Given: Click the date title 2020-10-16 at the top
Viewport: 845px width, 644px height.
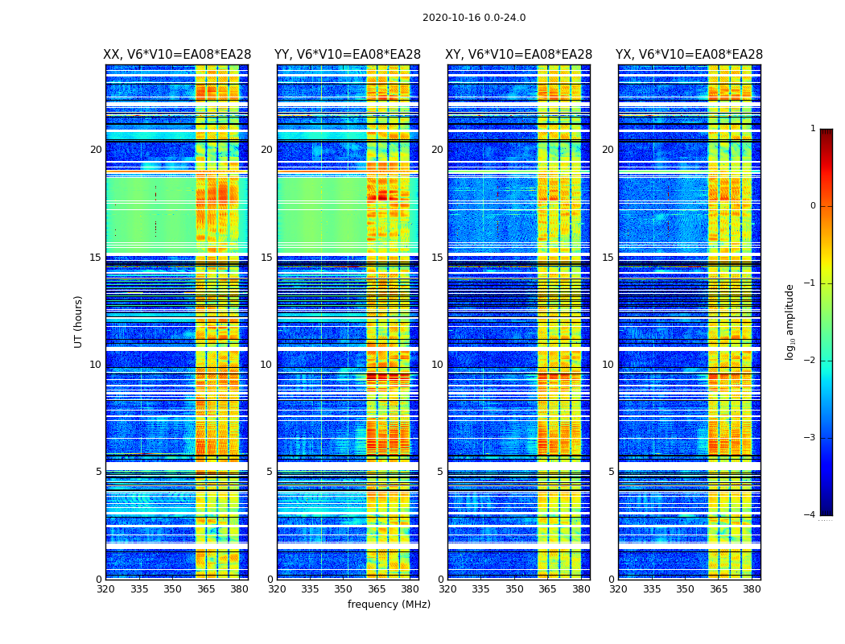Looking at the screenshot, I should pos(474,18).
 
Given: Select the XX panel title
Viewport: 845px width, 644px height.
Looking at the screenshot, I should pos(177,55).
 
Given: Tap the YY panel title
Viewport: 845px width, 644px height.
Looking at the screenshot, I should pos(348,55).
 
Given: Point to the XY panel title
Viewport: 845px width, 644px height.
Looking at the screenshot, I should pos(518,55).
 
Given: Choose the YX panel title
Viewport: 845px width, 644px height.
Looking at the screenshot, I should pos(689,55).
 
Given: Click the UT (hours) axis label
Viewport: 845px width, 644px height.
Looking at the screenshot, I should pos(79,321).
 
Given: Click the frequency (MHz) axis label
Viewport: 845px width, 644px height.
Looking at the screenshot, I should pos(389,605).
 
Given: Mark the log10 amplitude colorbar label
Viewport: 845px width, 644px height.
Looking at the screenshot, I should pos(790,321).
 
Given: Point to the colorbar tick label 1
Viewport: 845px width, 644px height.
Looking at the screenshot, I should pos(813,129).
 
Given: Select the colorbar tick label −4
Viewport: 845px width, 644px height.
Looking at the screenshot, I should pos(811,515).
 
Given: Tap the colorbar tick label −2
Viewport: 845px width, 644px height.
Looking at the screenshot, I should pos(811,361).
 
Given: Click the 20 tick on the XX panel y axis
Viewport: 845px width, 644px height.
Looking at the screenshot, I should pos(96,150).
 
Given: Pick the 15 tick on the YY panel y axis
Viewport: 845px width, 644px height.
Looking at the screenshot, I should pos(266,258).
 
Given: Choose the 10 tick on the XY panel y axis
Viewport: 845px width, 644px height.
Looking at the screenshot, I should pos(437,365).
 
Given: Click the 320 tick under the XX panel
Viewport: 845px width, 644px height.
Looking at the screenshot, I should pos(105,589).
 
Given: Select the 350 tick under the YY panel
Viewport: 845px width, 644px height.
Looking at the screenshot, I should pos(344,589).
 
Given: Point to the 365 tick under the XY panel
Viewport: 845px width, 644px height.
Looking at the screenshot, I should pos(547,589).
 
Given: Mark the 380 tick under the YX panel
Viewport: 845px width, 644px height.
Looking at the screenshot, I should pos(752,589).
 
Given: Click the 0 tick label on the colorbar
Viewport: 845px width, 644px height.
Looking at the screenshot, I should pos(813,206).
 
